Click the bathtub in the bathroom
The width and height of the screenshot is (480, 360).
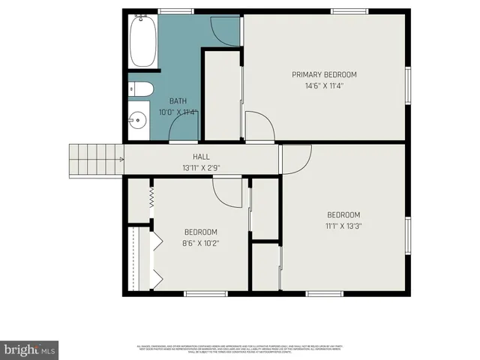click(x=142, y=42)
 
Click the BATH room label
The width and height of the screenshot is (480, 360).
click(x=178, y=101)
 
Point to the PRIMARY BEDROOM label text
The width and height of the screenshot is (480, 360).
click(x=324, y=74)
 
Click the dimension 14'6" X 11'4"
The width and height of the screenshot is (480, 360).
click(x=324, y=86)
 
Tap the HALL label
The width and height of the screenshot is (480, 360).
click(x=201, y=156)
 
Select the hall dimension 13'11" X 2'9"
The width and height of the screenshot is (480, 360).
click(x=201, y=167)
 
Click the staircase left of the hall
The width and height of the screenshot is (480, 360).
click(x=97, y=158)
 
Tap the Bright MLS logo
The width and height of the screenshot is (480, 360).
click(x=30, y=349)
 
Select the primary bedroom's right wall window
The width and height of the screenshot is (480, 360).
click(x=409, y=86)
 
